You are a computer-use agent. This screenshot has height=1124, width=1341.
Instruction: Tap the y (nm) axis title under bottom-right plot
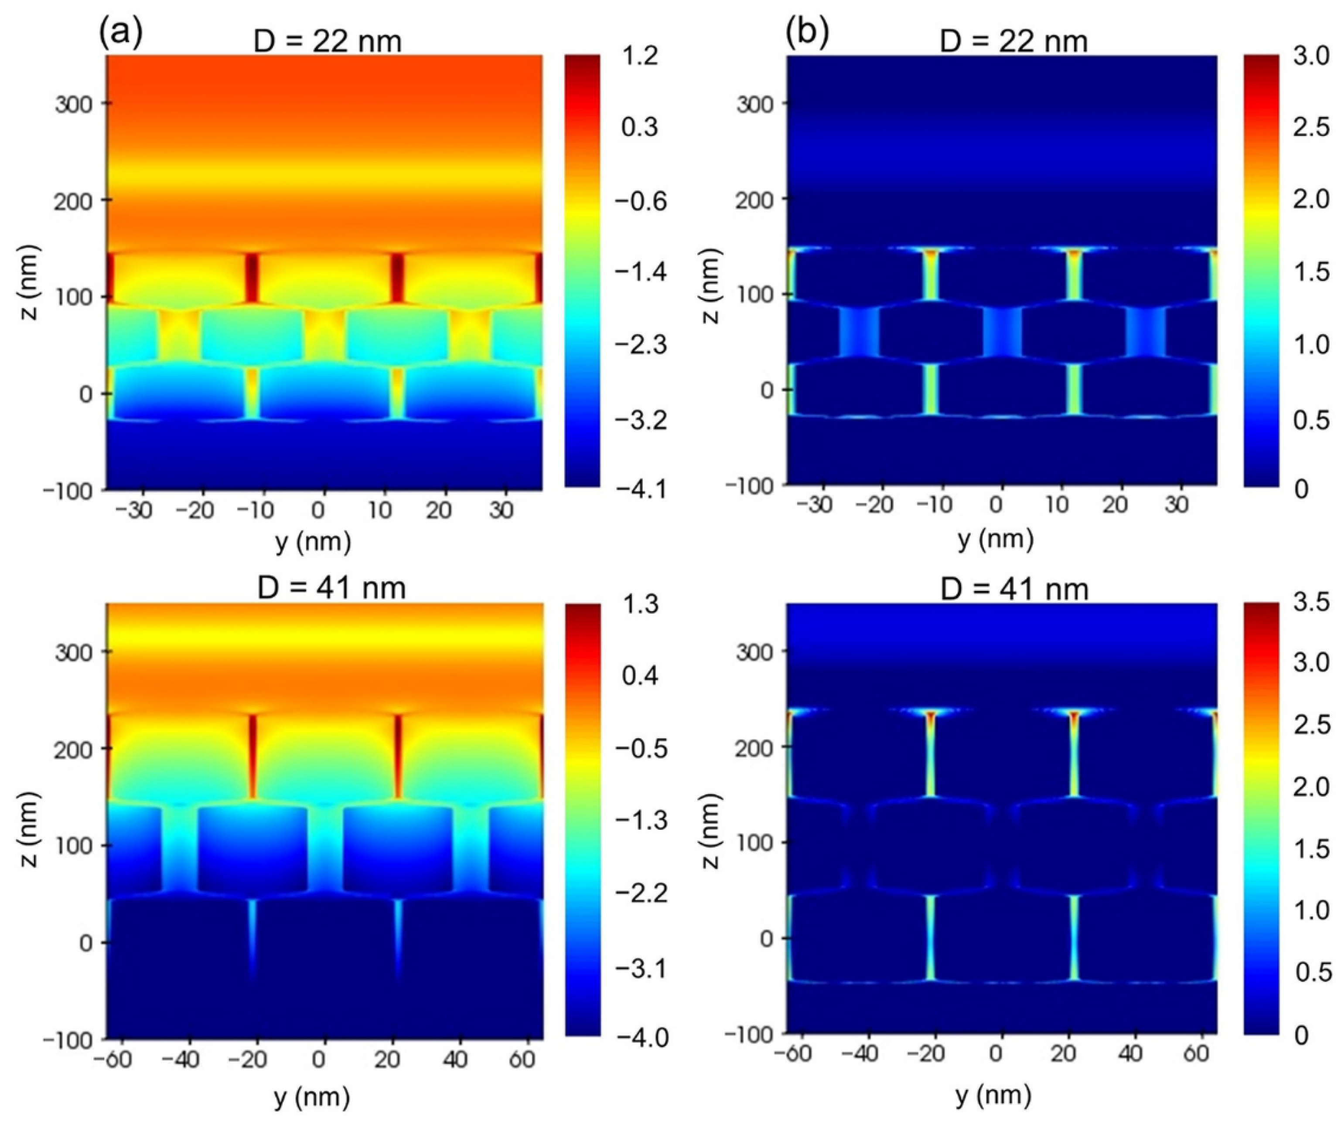pos(993,1095)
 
